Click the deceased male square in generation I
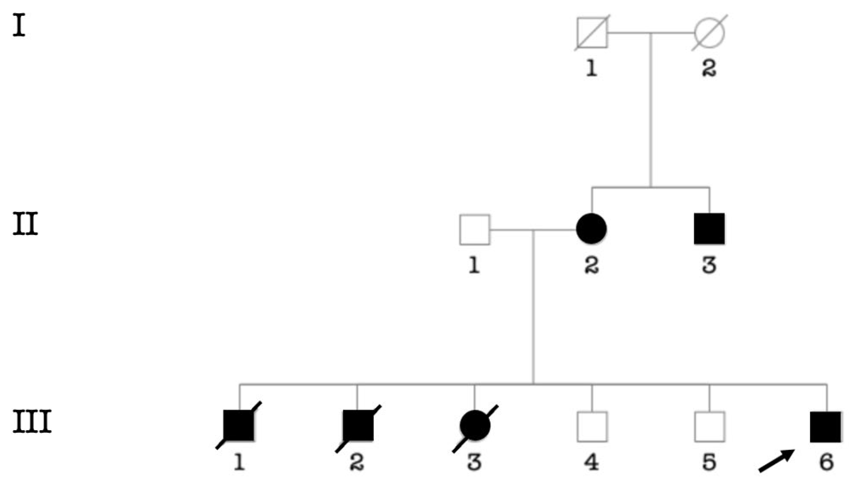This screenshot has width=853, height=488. [592, 33]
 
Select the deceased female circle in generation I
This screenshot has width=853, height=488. [709, 33]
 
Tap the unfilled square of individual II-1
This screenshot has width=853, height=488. [474, 229]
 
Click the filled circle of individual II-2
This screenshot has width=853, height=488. [591, 228]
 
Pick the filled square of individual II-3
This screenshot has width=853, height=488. [709, 228]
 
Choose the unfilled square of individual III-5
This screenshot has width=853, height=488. [710, 426]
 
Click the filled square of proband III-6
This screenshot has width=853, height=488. [825, 427]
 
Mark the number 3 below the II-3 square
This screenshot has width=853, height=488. [709, 265]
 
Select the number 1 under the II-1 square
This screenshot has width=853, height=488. [474, 265]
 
